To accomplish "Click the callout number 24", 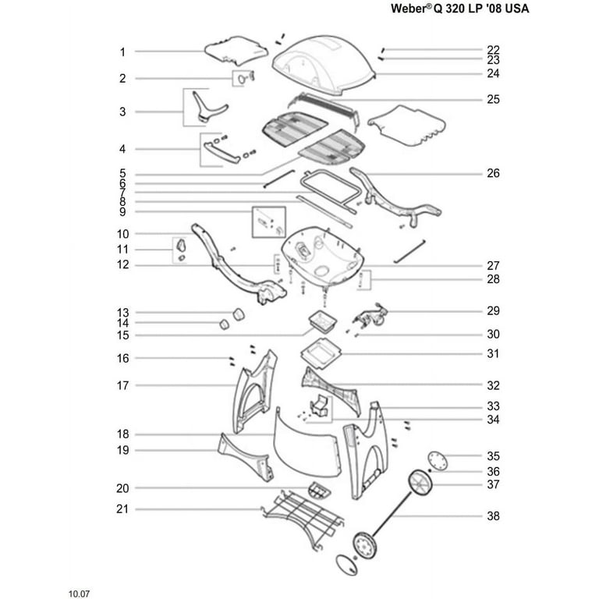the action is (493, 73).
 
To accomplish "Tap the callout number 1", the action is (122, 52).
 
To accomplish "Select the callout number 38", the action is (493, 516).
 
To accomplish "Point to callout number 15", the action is (122, 335).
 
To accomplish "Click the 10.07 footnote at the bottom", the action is (79, 594).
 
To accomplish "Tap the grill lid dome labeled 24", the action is (324, 65).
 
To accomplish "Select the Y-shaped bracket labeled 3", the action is (209, 106).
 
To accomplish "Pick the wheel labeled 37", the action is (420, 483).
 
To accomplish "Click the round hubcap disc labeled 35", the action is (438, 461).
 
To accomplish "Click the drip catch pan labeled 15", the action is (323, 321).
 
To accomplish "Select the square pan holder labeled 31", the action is (320, 353).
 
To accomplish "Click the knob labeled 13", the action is (239, 314).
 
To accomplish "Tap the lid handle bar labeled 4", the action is (222, 152).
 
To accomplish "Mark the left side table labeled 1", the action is (236, 51).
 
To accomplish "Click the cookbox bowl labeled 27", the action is (323, 255).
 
